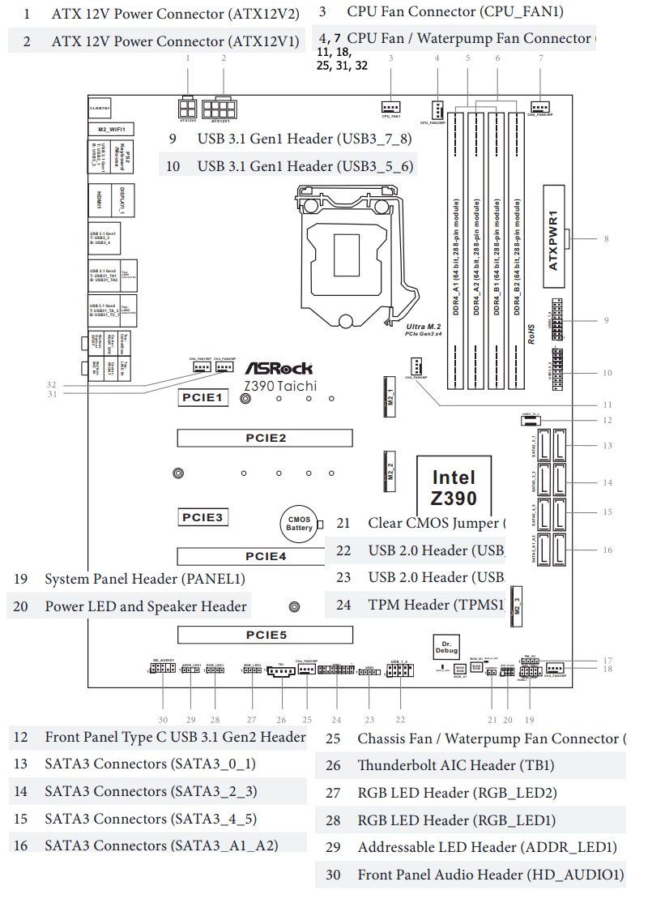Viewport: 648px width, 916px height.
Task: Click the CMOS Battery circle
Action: (x=299, y=524)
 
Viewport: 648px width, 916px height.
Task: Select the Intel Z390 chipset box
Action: (x=454, y=487)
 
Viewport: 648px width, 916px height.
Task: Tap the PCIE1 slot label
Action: (x=201, y=397)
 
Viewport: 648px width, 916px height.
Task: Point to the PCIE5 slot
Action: (x=266, y=635)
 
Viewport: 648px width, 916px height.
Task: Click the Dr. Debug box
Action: (x=446, y=646)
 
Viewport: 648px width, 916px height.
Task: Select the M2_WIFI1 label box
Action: (x=110, y=129)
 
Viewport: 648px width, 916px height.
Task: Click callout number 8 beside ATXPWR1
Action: (x=606, y=239)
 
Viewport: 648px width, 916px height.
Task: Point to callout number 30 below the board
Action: (x=163, y=720)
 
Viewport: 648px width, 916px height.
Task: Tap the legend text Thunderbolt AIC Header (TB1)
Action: (x=456, y=765)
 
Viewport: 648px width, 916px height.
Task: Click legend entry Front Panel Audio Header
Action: (x=490, y=875)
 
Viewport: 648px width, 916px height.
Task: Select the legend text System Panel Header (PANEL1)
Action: (x=144, y=579)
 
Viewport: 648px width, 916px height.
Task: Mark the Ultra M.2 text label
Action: (x=423, y=326)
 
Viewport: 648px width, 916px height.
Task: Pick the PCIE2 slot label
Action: (x=266, y=439)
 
